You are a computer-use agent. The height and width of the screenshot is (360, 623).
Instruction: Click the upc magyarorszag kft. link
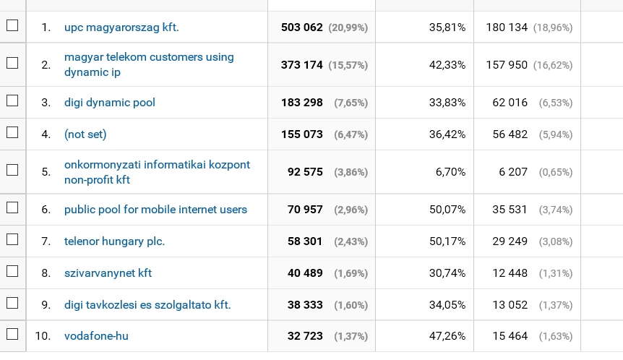(121, 27)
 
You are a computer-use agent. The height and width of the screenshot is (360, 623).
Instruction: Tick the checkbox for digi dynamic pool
(12, 102)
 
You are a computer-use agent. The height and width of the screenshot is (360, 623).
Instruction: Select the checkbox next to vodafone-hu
(12, 335)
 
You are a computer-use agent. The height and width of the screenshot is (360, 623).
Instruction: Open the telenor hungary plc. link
(114, 241)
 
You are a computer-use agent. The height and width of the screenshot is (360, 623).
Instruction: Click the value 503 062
(302, 27)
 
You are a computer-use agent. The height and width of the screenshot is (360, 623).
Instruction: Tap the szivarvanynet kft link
(108, 273)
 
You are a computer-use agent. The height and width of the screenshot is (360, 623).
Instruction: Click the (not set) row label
(85, 134)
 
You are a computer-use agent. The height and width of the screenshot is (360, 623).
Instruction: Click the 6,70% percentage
(450, 172)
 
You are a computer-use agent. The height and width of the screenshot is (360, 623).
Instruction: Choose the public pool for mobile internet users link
(155, 210)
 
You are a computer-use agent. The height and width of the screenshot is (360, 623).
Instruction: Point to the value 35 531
(510, 210)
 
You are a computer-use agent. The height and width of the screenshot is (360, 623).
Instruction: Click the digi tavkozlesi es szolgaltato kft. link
(147, 305)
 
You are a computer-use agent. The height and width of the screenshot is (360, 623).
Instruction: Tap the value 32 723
(305, 336)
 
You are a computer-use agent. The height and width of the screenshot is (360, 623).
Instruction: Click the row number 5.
(46, 172)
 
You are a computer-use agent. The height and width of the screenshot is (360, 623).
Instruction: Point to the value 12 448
(510, 273)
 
